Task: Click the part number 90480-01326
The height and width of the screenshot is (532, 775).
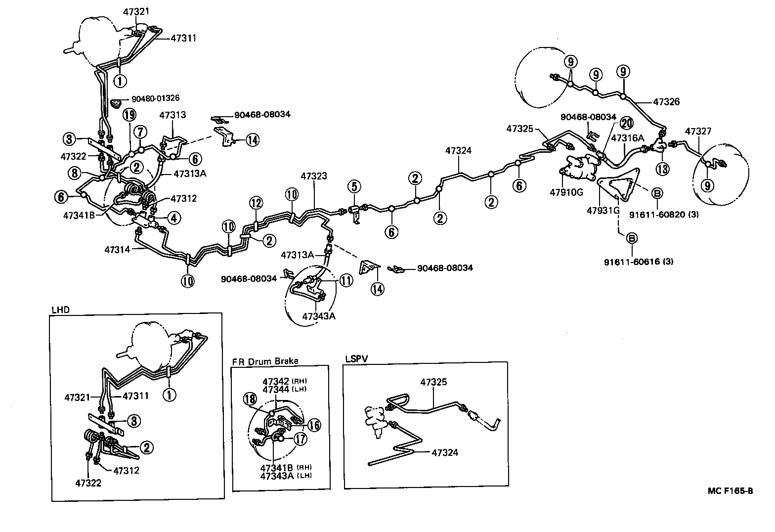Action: coord(155,98)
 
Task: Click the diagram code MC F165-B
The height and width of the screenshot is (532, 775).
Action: coord(730,491)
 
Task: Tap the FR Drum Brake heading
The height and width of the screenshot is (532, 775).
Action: coord(265,361)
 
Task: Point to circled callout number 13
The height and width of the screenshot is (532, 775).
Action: coord(662,168)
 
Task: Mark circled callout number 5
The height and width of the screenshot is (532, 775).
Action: coord(354,186)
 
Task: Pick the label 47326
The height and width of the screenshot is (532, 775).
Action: coord(666,102)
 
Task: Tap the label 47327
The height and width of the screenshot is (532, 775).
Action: coord(698,131)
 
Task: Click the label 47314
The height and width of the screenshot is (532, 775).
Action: coord(117,250)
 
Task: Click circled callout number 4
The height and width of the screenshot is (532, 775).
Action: coord(173,217)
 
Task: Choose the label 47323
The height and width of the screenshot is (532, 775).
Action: coord(314,176)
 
